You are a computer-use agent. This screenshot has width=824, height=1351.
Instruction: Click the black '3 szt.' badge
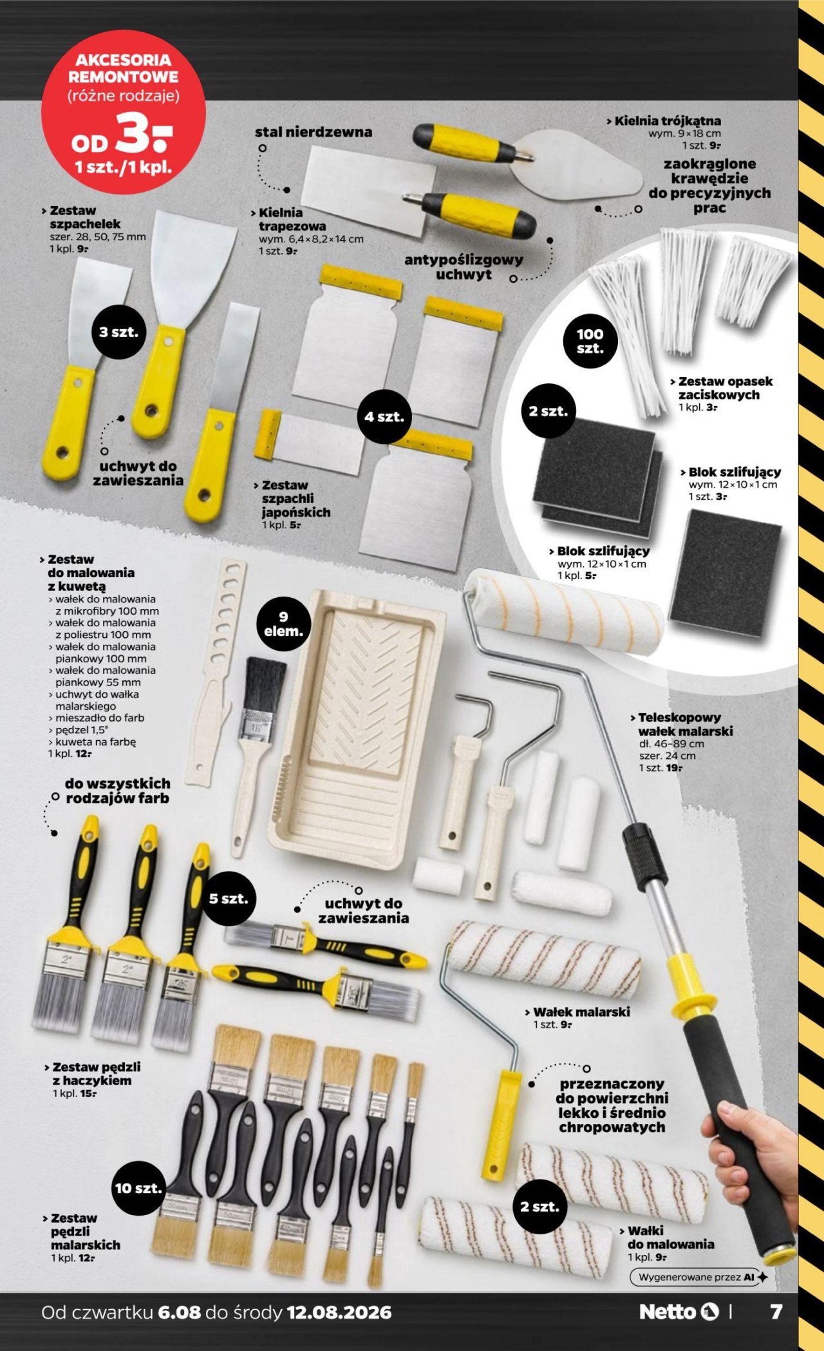point(118,332)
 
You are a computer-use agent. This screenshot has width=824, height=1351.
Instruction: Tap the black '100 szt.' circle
point(590,341)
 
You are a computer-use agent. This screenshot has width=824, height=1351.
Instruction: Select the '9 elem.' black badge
point(283,624)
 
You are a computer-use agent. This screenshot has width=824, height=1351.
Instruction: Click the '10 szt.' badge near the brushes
point(138,1188)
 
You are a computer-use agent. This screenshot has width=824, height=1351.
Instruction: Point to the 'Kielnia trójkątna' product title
point(667,120)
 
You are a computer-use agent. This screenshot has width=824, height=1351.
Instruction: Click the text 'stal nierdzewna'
point(314,132)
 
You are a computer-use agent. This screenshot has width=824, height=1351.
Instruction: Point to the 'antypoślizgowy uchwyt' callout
point(464,267)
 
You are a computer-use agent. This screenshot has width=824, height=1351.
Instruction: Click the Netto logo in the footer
point(679,1312)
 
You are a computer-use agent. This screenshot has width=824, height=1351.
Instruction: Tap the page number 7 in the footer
point(776,1312)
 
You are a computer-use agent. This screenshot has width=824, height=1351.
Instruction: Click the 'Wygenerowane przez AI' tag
point(698,1277)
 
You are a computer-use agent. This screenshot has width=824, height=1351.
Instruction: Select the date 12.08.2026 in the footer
point(339,1312)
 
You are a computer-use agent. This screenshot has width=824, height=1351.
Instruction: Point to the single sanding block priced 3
point(726,573)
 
